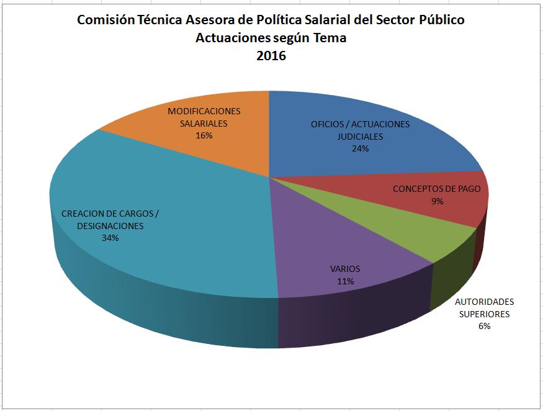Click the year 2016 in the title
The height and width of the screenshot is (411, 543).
(271, 56)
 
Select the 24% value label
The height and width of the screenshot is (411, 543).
(360, 148)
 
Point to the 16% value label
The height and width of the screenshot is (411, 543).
(204, 135)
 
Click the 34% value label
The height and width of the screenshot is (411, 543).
(110, 238)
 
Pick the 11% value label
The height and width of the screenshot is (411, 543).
(345, 281)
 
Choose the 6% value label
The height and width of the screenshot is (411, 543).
(484, 326)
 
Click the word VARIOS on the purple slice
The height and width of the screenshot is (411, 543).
(344, 269)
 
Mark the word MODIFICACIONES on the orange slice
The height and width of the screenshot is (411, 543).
(204, 111)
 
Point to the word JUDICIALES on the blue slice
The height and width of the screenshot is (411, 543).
(360, 137)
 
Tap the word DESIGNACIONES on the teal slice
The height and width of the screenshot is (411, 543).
(110, 226)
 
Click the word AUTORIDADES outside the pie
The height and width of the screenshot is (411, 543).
(485, 302)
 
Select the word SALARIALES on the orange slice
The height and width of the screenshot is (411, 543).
(204, 124)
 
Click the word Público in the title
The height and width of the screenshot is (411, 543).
(442, 20)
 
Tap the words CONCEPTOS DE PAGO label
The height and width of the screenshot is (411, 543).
(436, 189)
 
